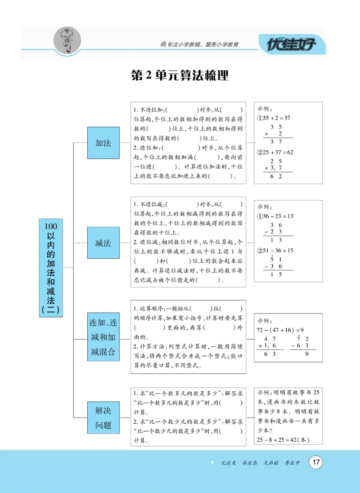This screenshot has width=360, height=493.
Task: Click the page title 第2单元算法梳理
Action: (180, 75)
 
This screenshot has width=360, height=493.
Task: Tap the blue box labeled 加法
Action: (103, 143)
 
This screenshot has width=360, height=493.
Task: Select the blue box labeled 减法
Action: (103, 243)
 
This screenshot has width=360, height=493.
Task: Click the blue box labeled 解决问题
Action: (103, 418)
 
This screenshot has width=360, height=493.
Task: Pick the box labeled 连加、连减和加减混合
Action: (103, 337)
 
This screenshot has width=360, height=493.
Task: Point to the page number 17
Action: (315, 462)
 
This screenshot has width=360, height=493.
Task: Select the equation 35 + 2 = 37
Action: (274, 118)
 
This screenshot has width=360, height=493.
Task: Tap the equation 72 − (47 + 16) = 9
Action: (281, 329)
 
